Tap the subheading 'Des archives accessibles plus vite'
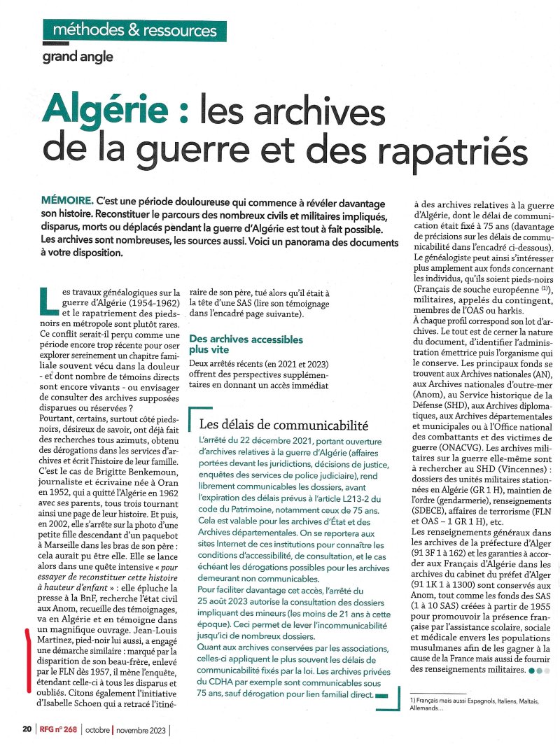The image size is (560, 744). coord(246,344)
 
